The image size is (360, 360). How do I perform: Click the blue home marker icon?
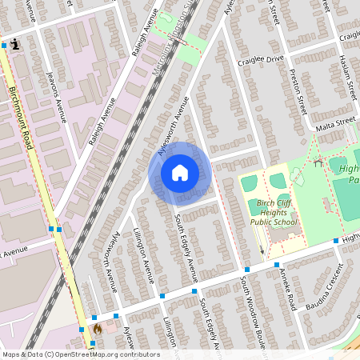click(x=179, y=173)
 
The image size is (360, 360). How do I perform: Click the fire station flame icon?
click(x=98, y=328)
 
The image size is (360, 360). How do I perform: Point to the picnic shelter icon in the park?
click(x=318, y=163)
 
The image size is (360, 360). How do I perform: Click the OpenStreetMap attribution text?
click(x=80, y=354)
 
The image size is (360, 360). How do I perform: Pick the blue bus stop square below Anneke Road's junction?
click(x=276, y=264)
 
